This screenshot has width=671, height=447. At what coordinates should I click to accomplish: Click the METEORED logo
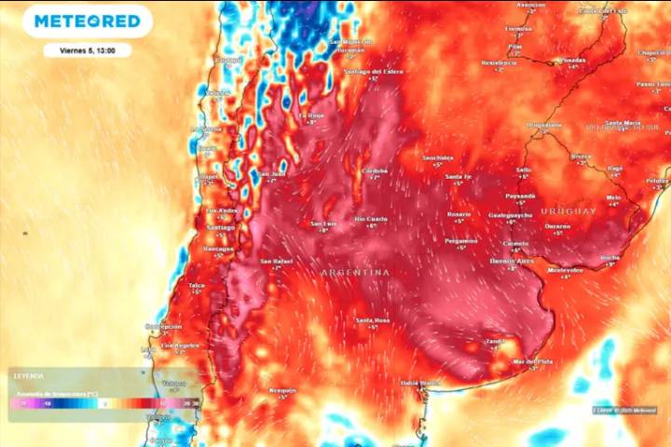87,20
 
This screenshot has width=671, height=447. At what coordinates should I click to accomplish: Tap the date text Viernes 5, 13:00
87,50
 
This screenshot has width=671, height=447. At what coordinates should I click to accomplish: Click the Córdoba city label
375,171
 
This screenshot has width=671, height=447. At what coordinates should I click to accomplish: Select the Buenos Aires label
512,262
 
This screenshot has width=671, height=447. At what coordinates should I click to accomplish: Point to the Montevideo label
565,270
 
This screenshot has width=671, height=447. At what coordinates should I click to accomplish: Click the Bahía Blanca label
420,383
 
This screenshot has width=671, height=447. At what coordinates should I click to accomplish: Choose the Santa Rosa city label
372,320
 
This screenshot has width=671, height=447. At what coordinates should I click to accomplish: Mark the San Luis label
323,223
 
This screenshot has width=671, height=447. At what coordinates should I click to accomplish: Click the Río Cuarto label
371,219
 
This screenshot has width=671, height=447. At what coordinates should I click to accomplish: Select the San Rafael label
277,261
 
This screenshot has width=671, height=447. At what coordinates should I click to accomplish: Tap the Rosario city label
459,214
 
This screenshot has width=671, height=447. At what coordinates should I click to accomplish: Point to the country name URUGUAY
568,211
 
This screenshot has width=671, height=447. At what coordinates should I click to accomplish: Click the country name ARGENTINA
355,272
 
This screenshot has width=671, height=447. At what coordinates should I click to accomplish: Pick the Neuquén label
282,390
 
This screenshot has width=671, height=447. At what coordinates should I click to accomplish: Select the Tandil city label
494,342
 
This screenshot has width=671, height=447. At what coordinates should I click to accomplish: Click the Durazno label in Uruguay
557,226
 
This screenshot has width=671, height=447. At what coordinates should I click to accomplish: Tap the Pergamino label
460,241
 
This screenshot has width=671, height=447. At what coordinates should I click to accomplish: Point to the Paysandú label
520,196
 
